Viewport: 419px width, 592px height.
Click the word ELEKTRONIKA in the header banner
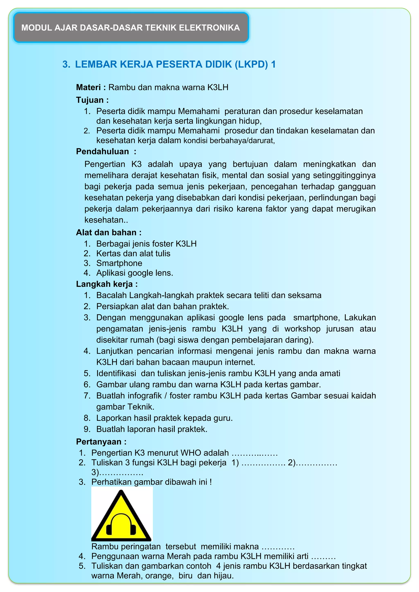coord(209,28)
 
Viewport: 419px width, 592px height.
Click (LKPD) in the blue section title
coord(251,64)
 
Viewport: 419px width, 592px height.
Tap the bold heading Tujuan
coord(90,100)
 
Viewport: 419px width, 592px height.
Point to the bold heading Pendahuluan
coord(102,151)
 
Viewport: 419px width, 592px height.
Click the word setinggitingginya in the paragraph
coord(344,175)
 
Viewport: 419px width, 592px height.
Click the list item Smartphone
coord(119,263)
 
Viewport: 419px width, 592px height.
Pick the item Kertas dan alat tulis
coord(133,253)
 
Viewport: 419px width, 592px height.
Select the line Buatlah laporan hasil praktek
coord(152,429)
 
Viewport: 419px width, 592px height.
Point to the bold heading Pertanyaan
coord(99,442)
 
